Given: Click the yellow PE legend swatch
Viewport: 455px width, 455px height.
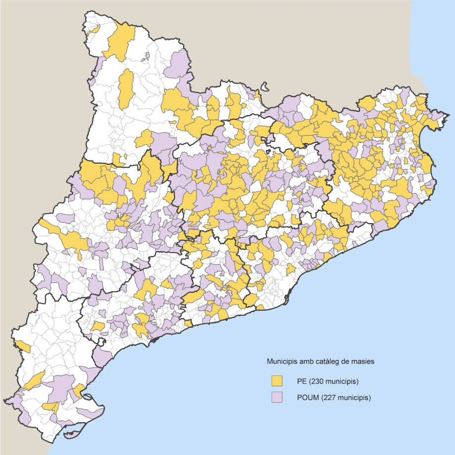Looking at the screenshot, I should pyautogui.click(x=276, y=381).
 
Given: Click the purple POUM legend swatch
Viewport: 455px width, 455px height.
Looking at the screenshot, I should pyautogui.click(x=276, y=397).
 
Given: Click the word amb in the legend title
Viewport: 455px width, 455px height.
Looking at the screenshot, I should pyautogui.click(x=306, y=362).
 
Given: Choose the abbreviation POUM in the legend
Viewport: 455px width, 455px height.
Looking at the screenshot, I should pyautogui.click(x=303, y=397).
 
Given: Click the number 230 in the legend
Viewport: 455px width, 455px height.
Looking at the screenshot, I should pyautogui.click(x=316, y=381).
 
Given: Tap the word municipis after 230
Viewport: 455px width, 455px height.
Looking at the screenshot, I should pyautogui.click(x=341, y=381).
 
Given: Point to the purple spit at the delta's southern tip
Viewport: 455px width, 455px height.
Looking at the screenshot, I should pyautogui.click(x=69, y=436).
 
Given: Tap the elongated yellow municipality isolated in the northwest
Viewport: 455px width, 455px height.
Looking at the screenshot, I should pyautogui.click(x=126, y=88).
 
